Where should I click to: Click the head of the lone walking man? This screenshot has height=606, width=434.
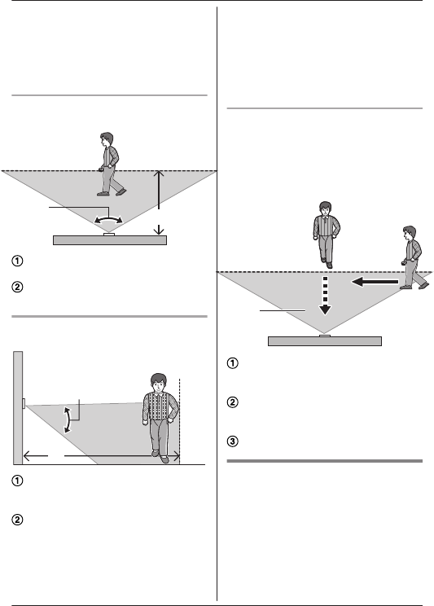(107, 139)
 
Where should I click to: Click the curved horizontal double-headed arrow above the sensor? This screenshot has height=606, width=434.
(108, 219)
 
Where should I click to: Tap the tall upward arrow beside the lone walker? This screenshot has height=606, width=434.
(159, 190)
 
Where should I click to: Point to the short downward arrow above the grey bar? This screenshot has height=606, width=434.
(159, 230)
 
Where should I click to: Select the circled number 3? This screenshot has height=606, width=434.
(232, 441)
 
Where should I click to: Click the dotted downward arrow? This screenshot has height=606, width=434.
(325, 296)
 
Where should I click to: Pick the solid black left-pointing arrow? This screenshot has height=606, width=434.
(375, 282)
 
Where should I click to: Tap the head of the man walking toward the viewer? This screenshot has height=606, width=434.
(326, 209)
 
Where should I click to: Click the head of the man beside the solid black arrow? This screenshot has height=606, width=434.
(410, 233)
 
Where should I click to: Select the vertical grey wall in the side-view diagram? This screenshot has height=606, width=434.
(18, 408)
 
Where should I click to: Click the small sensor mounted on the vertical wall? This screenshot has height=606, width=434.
(24, 403)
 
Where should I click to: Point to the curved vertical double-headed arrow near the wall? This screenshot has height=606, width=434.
(68, 419)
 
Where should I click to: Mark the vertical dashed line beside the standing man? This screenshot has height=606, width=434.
(180, 421)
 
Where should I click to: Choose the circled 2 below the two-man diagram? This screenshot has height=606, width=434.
(232, 402)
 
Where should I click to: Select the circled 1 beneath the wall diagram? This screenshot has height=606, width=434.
(17, 481)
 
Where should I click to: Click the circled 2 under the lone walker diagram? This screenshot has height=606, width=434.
(17, 288)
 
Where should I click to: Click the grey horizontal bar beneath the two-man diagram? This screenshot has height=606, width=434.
(325, 341)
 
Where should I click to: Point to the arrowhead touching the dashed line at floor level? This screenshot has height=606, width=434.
(176, 456)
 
